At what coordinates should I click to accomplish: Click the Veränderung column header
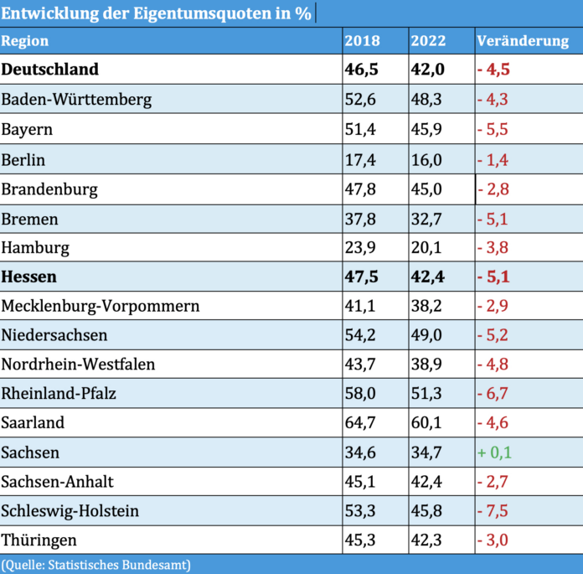[523, 41]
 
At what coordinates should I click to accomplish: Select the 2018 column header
[362, 41]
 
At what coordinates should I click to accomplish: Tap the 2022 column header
[428, 41]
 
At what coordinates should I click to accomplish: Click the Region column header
[25, 41]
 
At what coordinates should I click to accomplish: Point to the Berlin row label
[23, 159]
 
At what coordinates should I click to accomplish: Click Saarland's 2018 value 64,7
[361, 423]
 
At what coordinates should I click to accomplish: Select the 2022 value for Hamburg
[426, 247]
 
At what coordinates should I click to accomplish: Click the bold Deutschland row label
[50, 70]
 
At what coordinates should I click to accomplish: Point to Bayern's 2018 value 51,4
[361, 130]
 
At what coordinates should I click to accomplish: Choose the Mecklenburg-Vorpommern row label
[101, 306]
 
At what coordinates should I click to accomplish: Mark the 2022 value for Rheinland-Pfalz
[426, 394]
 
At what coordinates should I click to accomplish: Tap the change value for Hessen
[493, 277]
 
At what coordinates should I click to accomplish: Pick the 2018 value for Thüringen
[361, 540]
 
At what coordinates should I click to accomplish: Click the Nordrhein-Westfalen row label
[79, 365]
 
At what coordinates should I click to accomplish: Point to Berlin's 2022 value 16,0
[426, 159]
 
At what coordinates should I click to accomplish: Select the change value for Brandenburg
[493, 189]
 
